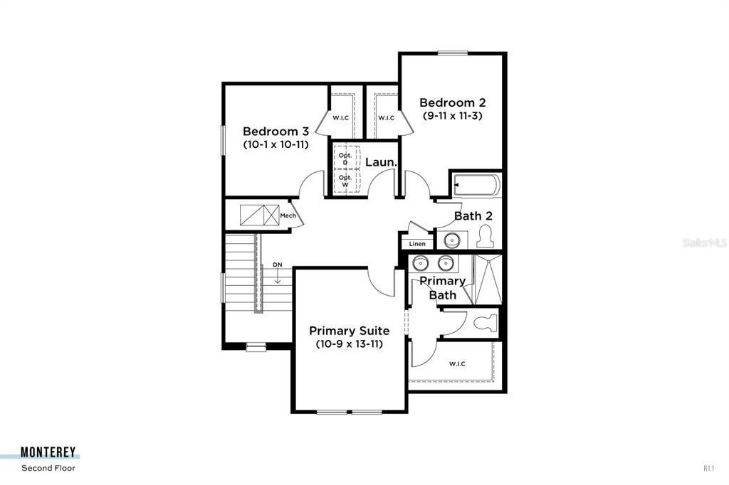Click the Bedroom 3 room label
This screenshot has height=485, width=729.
click(x=276, y=132)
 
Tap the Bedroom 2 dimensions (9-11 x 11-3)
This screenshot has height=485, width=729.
click(x=452, y=115)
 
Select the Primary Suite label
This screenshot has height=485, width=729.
click(x=349, y=331)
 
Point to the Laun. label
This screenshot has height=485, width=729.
click(x=381, y=163)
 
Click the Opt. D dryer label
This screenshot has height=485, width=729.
click(x=345, y=159)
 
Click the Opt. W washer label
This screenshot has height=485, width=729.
click(x=345, y=181)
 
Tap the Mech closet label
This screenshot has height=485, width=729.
click(x=288, y=215)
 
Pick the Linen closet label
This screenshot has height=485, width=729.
click(x=417, y=244)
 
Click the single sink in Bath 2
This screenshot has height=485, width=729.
click(x=451, y=240)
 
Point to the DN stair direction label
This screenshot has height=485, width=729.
click(x=278, y=265)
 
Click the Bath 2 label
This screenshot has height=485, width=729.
click(x=473, y=215)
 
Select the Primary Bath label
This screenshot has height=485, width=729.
click(x=442, y=287)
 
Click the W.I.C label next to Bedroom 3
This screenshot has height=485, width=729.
click(x=340, y=117)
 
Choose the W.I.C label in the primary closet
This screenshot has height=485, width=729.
click(x=457, y=364)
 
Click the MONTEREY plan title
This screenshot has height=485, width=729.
click(x=48, y=452)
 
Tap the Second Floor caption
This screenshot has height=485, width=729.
click(x=48, y=468)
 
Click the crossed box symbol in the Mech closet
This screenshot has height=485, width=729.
click(x=259, y=215)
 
